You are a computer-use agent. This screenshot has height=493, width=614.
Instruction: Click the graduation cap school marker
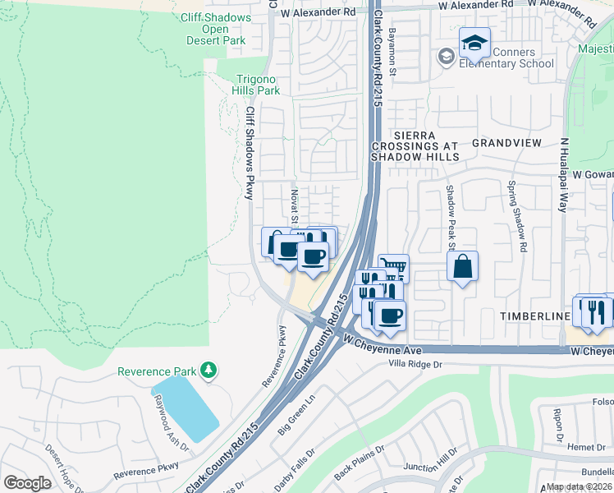click(474, 43)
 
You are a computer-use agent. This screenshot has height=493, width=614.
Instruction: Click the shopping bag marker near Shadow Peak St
click(463, 266)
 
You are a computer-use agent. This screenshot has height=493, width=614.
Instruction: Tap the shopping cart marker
click(394, 266)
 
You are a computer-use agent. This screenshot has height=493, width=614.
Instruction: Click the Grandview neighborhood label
click(506, 142)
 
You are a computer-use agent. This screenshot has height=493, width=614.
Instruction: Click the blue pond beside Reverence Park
click(185, 408)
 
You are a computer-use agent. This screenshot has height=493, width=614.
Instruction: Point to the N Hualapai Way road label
click(563, 174)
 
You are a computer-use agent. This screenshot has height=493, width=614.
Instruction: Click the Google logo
click(27, 483)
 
